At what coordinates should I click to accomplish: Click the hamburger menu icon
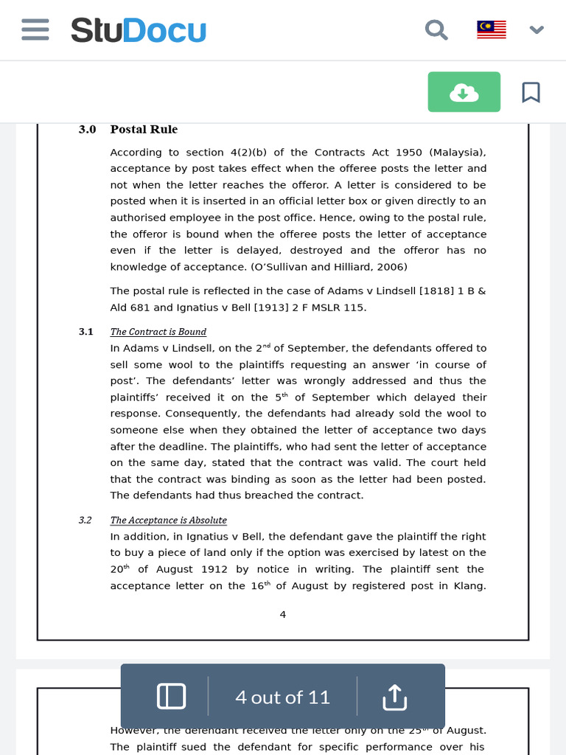[35, 30]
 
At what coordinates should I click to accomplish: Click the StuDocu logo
[139, 31]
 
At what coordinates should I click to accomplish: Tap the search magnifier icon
[436, 30]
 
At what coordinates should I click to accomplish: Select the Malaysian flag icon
[491, 30]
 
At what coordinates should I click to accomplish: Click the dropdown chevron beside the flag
[537, 30]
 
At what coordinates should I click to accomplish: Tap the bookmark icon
[531, 92]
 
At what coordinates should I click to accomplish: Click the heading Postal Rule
[144, 130]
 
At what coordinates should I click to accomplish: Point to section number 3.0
[87, 130]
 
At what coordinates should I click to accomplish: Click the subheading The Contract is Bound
[158, 332]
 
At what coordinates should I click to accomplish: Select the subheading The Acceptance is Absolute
[168, 521]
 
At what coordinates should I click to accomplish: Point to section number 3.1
[86, 332]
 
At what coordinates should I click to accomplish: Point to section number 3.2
[85, 521]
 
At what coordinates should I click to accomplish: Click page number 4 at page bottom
[283, 614]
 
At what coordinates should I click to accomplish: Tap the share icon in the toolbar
[394, 697]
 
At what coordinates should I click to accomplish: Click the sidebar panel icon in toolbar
[171, 697]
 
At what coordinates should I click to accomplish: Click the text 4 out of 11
[282, 697]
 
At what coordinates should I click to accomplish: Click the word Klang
[471, 586]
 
